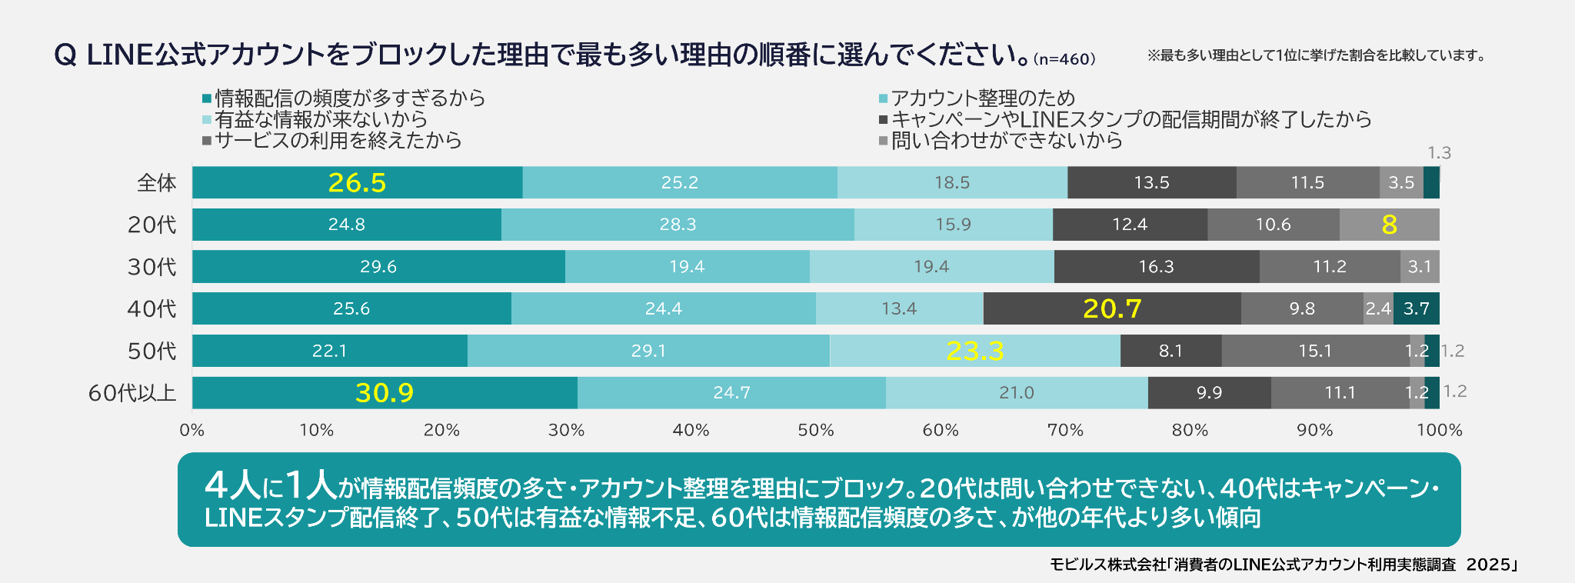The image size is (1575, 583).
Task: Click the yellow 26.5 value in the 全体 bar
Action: [357, 182]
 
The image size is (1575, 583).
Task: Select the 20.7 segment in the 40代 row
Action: [1112, 308]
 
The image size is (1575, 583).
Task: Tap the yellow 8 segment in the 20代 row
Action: [1389, 225]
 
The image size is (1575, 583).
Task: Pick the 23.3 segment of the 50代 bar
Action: [975, 351]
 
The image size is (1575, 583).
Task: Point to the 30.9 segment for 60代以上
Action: [385, 393]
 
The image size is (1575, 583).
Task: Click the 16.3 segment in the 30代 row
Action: [1156, 267]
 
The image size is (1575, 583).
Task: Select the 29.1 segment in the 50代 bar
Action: [648, 351]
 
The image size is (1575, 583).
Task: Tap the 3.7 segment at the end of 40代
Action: [1416, 308]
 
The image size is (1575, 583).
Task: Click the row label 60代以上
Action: [132, 393]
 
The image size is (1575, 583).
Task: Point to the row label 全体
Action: [157, 183]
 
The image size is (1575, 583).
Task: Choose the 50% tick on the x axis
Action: [815, 430]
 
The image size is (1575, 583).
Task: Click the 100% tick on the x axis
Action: [1439, 430]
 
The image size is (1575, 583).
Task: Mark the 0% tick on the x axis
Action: [192, 430]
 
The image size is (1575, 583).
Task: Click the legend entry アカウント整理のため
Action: [983, 98]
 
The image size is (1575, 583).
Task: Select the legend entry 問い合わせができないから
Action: [1007, 140]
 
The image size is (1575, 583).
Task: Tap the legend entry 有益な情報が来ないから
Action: [321, 119]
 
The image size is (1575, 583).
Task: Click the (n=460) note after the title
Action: [1064, 59]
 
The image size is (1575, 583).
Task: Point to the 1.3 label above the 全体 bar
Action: [1439, 153]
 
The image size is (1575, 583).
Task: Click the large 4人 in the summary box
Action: [233, 485]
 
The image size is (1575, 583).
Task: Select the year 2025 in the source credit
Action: [1488, 565]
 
